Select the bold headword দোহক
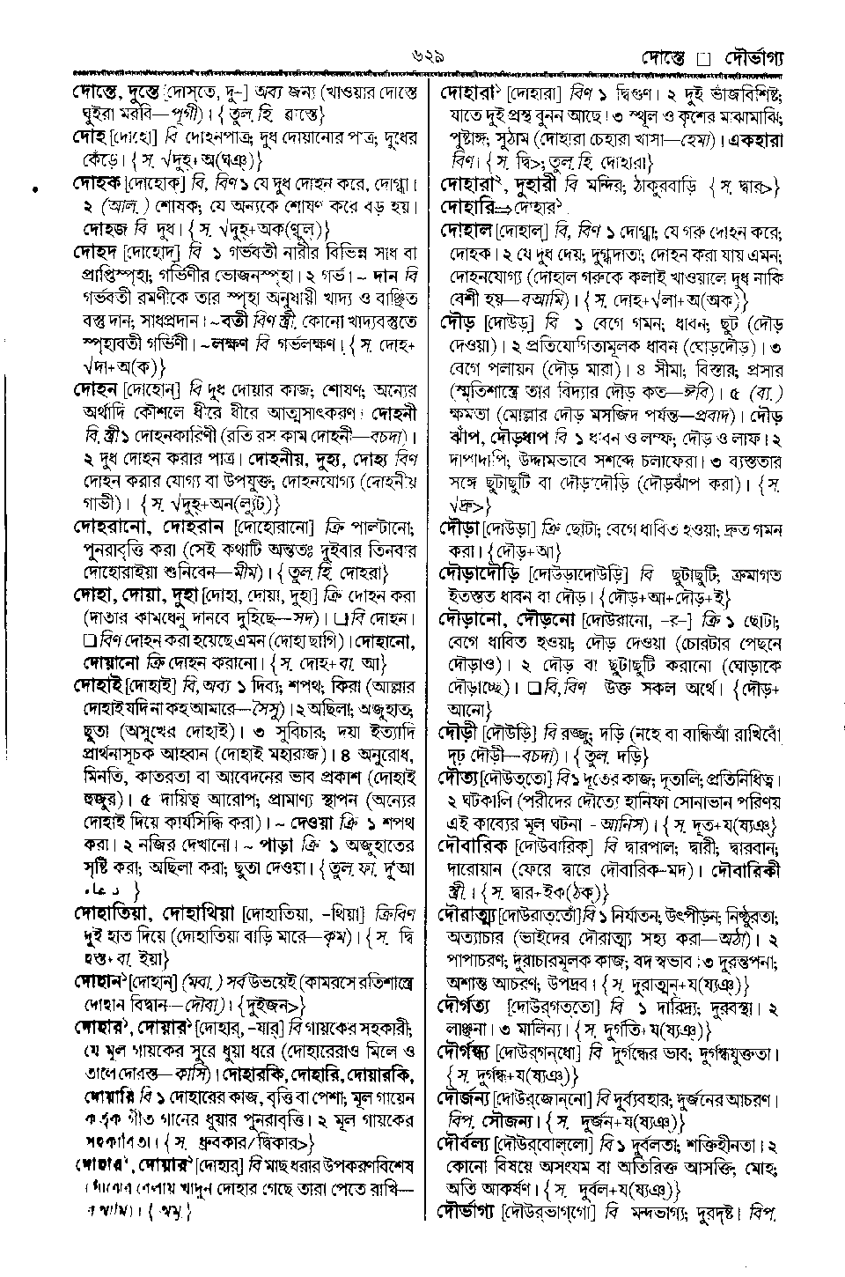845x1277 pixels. [x=96, y=185]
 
